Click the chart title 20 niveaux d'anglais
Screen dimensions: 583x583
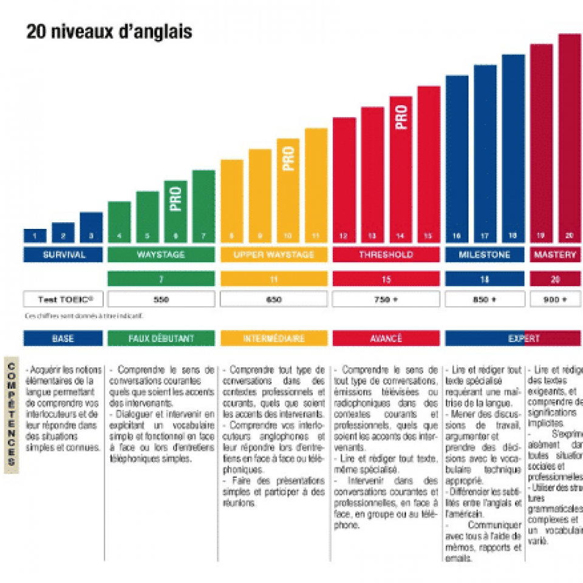109,32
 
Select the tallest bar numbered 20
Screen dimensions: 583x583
569,134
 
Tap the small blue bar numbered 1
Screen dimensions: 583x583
35,236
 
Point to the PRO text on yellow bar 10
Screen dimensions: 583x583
288,157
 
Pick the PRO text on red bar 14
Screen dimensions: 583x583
401,116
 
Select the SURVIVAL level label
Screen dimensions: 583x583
63,255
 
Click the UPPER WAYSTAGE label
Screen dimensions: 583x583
274,255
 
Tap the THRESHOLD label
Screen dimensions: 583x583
386,255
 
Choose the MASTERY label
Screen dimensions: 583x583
555,255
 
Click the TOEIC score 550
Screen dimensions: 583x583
161,299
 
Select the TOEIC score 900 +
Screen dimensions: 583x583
555,299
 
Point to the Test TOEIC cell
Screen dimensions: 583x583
63,299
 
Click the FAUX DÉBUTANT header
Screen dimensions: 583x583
161,338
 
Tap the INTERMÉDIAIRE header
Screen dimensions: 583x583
274,338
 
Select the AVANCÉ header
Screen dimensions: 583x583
386,338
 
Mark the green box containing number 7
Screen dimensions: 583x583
161,279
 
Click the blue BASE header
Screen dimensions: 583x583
63,338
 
